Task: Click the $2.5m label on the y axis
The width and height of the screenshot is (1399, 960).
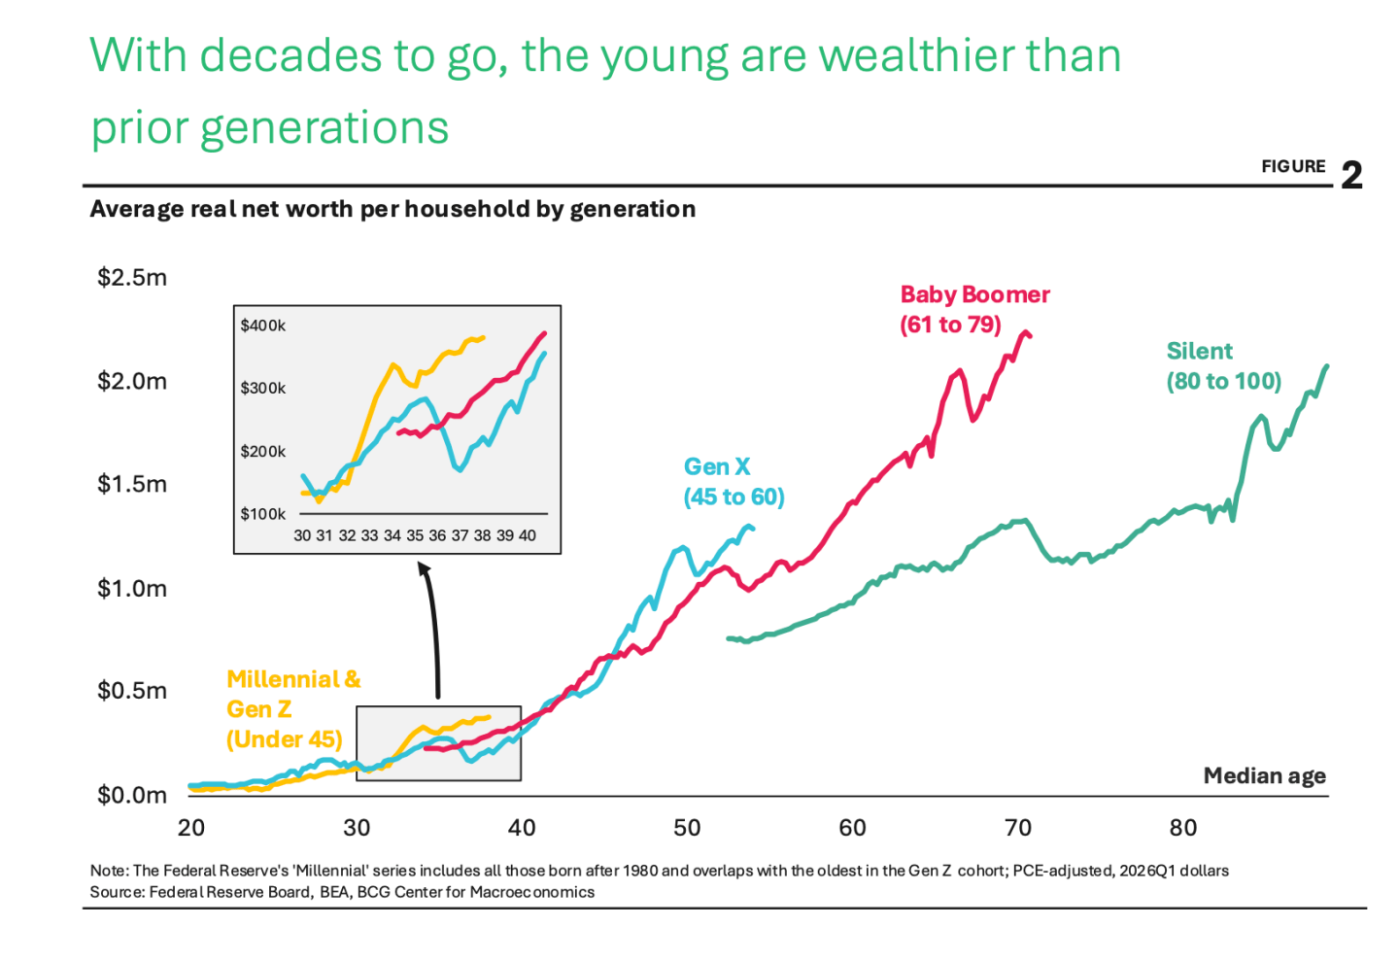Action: point(132,277)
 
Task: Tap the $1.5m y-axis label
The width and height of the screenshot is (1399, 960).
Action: point(132,484)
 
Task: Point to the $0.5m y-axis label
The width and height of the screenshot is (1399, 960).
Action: point(132,691)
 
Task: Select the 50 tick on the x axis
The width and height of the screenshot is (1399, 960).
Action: point(687,828)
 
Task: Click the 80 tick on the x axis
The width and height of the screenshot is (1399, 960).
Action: point(1183,828)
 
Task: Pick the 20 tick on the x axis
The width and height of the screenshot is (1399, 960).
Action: point(191,828)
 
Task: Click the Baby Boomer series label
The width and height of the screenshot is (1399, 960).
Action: point(975,310)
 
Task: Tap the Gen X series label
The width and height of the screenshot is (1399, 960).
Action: point(734,482)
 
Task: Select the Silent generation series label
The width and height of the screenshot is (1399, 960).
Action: point(1224,366)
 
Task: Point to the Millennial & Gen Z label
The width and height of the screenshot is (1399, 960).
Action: point(293,709)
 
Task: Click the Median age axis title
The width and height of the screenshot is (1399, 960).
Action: point(1265,775)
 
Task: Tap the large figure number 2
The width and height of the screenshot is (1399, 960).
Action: point(1352,175)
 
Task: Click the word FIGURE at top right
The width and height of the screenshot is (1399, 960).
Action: point(1293,166)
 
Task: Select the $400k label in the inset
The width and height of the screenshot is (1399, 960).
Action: point(263,326)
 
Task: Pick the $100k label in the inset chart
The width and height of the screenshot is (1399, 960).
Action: point(263,514)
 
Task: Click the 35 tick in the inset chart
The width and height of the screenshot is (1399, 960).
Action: point(415,535)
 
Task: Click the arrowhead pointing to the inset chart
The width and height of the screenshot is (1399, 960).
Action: point(424,567)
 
